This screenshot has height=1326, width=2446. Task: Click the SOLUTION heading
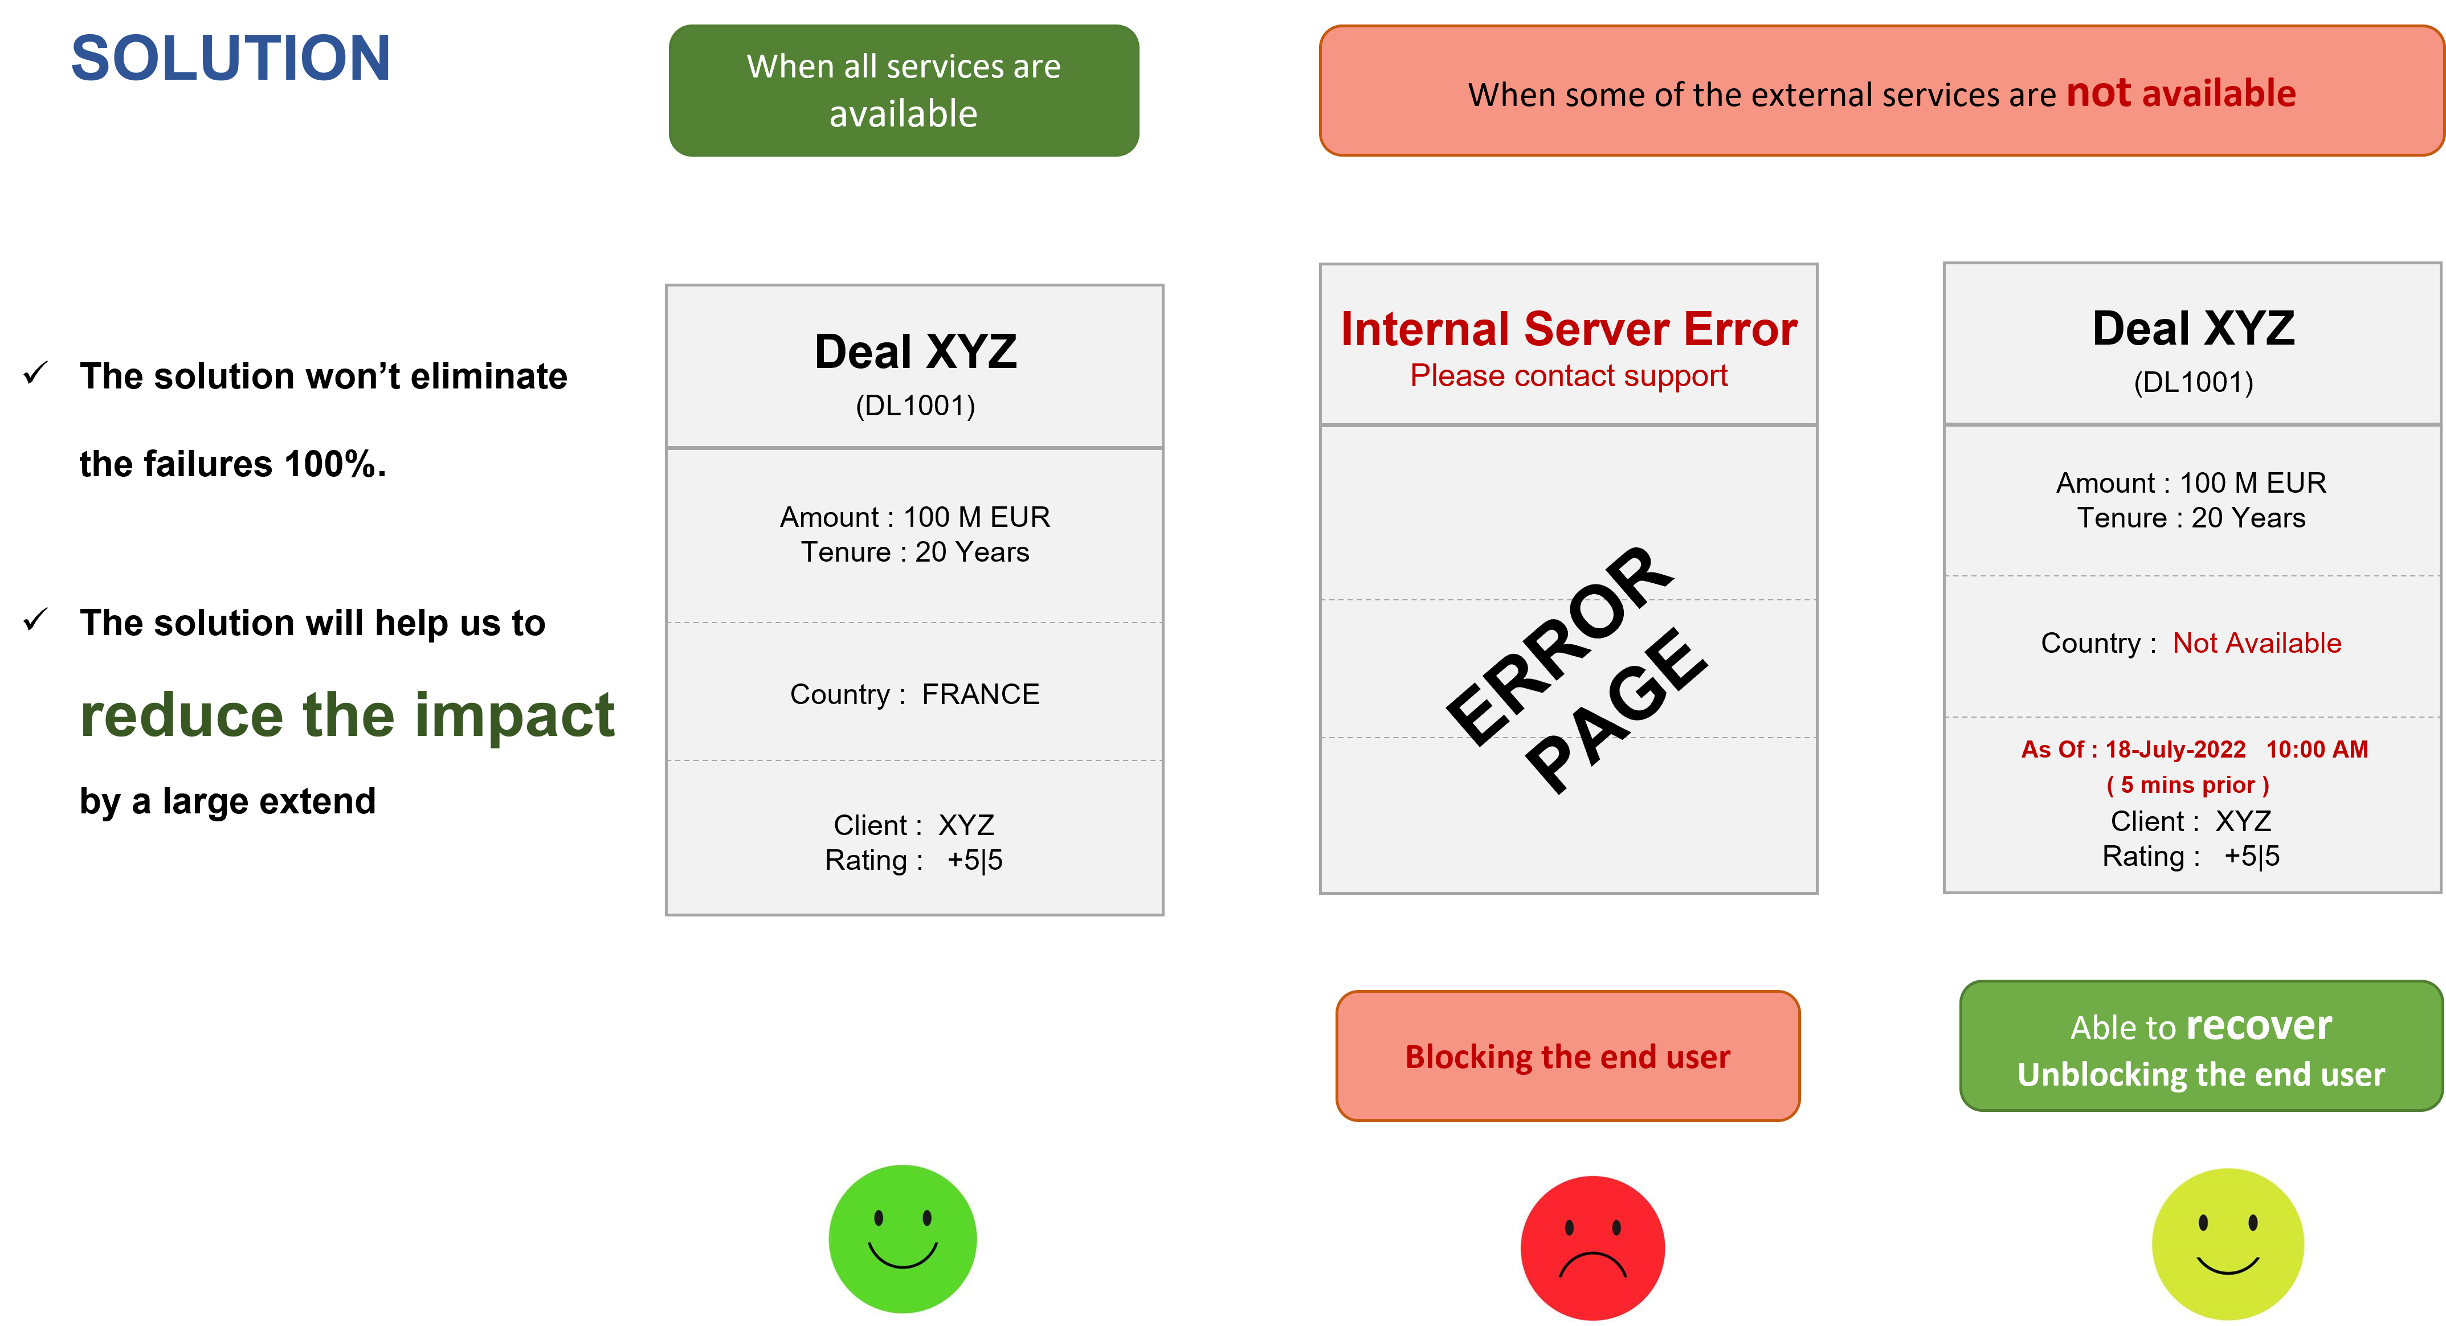pyautogui.click(x=231, y=59)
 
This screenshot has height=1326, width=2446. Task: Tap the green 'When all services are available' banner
pyautogui.click(x=903, y=90)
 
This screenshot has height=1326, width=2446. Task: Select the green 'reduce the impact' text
pyautogui.click(x=348, y=715)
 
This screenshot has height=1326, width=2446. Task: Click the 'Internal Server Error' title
pyautogui.click(x=1567, y=329)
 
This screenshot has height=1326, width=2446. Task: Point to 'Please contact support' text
pyautogui.click(x=1567, y=376)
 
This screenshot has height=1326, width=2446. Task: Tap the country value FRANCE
pyautogui.click(x=980, y=694)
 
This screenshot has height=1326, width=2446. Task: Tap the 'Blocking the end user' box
pyautogui.click(x=1567, y=1057)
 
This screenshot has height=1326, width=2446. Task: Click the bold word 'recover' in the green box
pyautogui.click(x=2258, y=1025)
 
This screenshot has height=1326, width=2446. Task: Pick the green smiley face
pyautogui.click(x=903, y=1239)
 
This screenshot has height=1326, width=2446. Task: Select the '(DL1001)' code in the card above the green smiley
pyautogui.click(x=914, y=406)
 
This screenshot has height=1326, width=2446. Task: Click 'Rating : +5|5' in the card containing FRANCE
pyautogui.click(x=913, y=860)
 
